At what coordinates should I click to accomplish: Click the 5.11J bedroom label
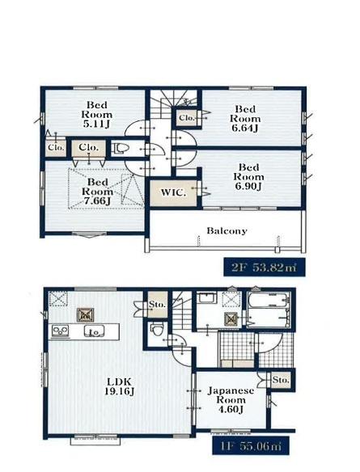97,115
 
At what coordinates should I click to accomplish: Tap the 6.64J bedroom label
245,119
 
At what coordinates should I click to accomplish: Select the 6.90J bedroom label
249,177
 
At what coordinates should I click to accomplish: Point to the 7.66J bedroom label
98,192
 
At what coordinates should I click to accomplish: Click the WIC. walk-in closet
173,193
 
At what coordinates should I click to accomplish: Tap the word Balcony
227,231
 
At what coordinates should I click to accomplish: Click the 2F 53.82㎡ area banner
265,267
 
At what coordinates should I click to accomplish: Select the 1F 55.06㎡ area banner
251,445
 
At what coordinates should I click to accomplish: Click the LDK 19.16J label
120,386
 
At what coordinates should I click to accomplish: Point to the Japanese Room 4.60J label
231,400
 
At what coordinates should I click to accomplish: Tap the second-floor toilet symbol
121,149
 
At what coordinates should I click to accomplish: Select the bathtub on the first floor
269,310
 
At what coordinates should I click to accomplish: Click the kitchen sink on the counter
94,331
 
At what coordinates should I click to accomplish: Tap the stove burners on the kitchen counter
61,331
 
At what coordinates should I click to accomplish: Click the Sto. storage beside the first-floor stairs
157,304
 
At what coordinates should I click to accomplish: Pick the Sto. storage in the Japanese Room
280,380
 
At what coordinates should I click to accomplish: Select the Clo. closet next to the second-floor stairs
187,118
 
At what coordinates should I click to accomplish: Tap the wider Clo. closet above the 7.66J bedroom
88,148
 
